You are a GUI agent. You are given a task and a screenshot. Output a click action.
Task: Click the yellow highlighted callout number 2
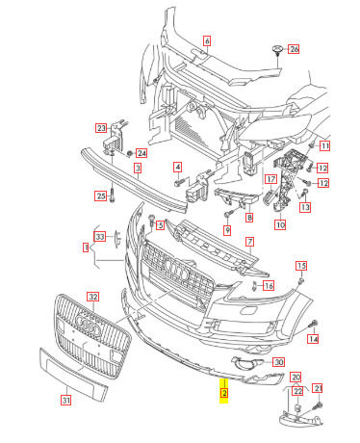pos(224,393)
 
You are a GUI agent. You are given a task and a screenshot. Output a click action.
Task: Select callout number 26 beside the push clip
pos(294,49)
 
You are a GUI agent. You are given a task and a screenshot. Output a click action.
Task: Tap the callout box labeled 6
pos(207,40)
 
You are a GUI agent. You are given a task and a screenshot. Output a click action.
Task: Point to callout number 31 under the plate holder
pos(66,401)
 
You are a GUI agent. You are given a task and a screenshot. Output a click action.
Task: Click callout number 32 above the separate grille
pos(93,297)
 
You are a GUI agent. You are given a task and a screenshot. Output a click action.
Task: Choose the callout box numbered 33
pos(100,237)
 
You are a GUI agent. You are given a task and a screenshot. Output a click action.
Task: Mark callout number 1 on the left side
pos(86,248)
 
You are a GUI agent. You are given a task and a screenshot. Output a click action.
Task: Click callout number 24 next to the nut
pos(141,153)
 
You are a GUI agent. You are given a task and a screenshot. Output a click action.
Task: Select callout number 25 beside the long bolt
pos(101,195)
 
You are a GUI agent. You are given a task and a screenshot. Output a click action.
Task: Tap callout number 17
pos(271,179)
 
